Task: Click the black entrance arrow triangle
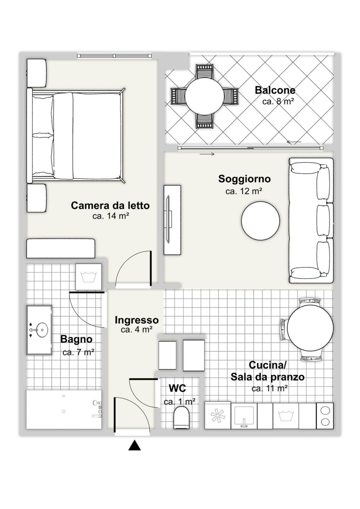(x=135, y=446)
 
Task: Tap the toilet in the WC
(x=182, y=418)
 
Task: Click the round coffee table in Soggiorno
(x=260, y=221)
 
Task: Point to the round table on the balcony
(x=204, y=96)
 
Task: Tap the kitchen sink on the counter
(x=244, y=416)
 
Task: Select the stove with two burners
(x=325, y=416)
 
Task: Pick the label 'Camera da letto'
(x=110, y=205)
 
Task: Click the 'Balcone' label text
(x=275, y=90)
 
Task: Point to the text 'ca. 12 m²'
(x=244, y=191)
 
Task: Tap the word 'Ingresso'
(x=137, y=320)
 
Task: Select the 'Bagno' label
(x=76, y=339)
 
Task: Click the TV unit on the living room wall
(x=172, y=220)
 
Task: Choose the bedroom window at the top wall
(x=115, y=56)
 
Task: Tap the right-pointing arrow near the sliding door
(x=207, y=154)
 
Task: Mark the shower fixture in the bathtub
(x=97, y=410)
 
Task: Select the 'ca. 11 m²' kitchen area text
(x=269, y=388)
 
